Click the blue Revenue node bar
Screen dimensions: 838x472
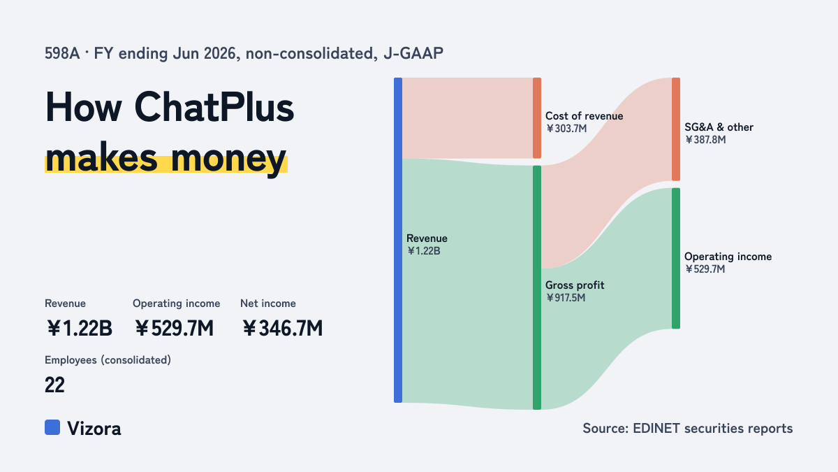398,240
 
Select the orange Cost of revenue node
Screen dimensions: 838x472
537,118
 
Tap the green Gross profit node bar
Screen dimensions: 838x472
537,287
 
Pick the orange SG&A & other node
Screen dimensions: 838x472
676,129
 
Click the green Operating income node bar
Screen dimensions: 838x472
676,259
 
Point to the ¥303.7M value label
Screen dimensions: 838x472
566,129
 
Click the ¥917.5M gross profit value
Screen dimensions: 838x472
565,298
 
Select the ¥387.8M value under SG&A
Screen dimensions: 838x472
705,140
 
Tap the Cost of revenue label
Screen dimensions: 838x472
584,116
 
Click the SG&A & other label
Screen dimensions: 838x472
719,127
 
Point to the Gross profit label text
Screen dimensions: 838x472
575,285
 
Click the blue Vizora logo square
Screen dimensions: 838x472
52,427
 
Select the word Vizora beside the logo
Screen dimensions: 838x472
94,429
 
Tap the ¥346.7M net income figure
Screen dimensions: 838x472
282,329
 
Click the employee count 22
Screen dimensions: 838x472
54,385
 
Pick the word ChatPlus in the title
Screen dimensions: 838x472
214,108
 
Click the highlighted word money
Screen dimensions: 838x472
228,159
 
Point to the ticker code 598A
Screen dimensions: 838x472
62,54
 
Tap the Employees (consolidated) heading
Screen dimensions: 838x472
108,360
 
